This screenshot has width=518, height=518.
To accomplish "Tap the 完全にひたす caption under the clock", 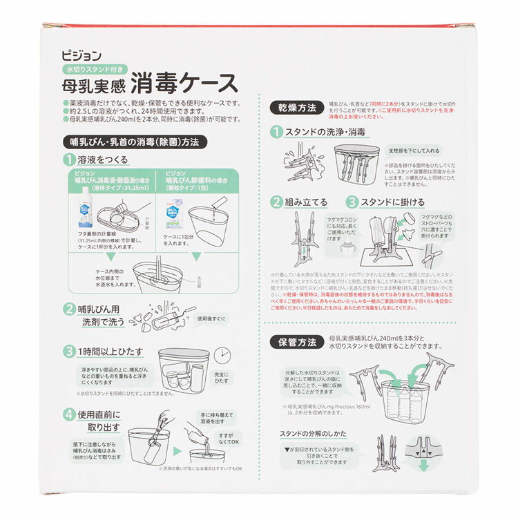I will [x=222, y=376].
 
